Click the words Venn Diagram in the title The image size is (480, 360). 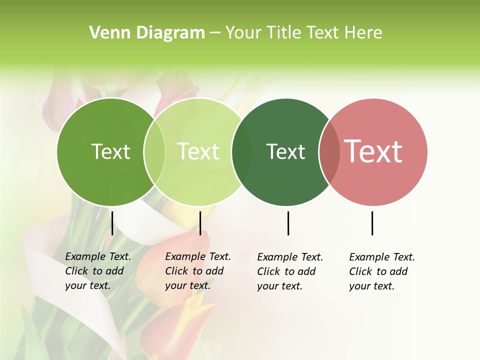click(147, 32)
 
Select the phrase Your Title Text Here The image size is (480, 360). click(303, 32)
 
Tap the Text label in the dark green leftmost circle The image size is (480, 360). click(110, 151)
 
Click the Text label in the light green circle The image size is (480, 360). click(198, 151)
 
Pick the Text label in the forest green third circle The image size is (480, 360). click(285, 151)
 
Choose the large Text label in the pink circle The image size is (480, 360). click(373, 151)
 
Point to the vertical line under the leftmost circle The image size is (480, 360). click(112, 223)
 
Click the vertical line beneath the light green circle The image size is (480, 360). click(200, 223)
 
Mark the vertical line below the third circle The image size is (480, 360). click(288, 223)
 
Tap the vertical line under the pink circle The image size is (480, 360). click(372, 223)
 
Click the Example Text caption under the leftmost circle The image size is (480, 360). click(98, 271)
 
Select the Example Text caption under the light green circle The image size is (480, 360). click(198, 271)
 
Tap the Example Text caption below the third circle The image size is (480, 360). click(290, 271)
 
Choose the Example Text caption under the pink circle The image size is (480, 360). click(382, 271)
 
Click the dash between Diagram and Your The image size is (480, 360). click(215, 33)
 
